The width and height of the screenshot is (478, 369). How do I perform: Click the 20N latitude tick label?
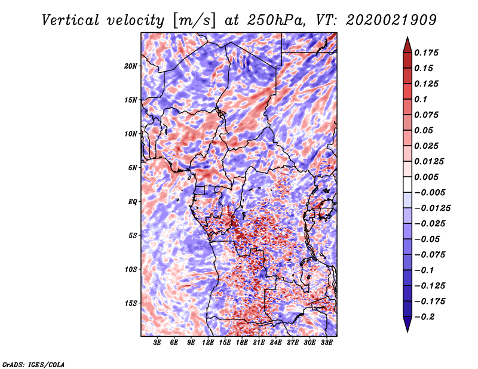tap(131, 66)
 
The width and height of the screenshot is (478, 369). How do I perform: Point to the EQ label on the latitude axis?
tap(132, 201)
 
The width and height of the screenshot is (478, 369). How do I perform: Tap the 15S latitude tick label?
tap(131, 303)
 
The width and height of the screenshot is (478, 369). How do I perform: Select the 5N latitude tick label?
tap(133, 167)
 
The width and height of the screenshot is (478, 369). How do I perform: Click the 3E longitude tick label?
tap(157, 343)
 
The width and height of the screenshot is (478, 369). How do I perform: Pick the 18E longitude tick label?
tap(242, 343)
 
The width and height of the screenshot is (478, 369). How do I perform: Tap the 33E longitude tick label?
tap(326, 343)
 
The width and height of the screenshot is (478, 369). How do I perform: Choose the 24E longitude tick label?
tap(275, 343)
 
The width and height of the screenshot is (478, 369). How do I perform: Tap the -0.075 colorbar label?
tap(432, 254)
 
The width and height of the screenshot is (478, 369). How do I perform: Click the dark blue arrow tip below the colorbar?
tap(407, 328)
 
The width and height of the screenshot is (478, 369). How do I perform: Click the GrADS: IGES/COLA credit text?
tap(33, 364)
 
